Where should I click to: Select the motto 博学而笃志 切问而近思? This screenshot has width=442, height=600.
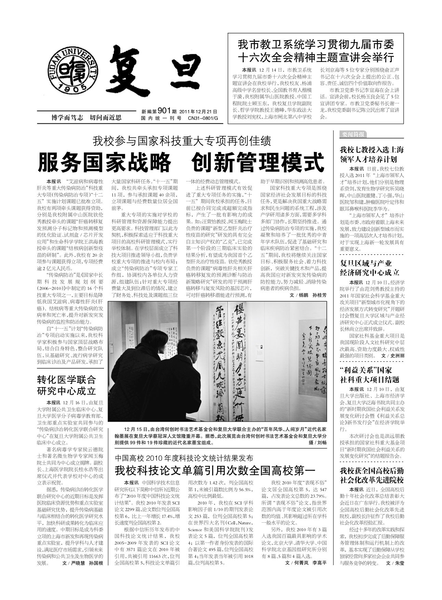tap(86, 118)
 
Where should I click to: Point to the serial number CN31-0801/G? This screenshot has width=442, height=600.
tap(203, 118)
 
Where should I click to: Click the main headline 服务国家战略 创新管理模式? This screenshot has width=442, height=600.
tap(181, 162)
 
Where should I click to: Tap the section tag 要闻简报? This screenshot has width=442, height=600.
tap(352, 134)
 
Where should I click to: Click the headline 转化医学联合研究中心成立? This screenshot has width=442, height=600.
tap(67, 385)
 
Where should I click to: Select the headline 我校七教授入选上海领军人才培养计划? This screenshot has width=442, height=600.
tap(372, 154)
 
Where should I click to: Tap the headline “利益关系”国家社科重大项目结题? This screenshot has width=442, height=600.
tap(370, 374)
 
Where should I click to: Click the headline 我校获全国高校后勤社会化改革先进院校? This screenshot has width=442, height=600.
tap(372, 475)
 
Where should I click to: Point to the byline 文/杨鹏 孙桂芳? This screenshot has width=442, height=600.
tap(308, 295)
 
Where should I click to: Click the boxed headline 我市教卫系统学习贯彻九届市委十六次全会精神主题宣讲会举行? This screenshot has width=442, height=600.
tap(316, 50)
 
